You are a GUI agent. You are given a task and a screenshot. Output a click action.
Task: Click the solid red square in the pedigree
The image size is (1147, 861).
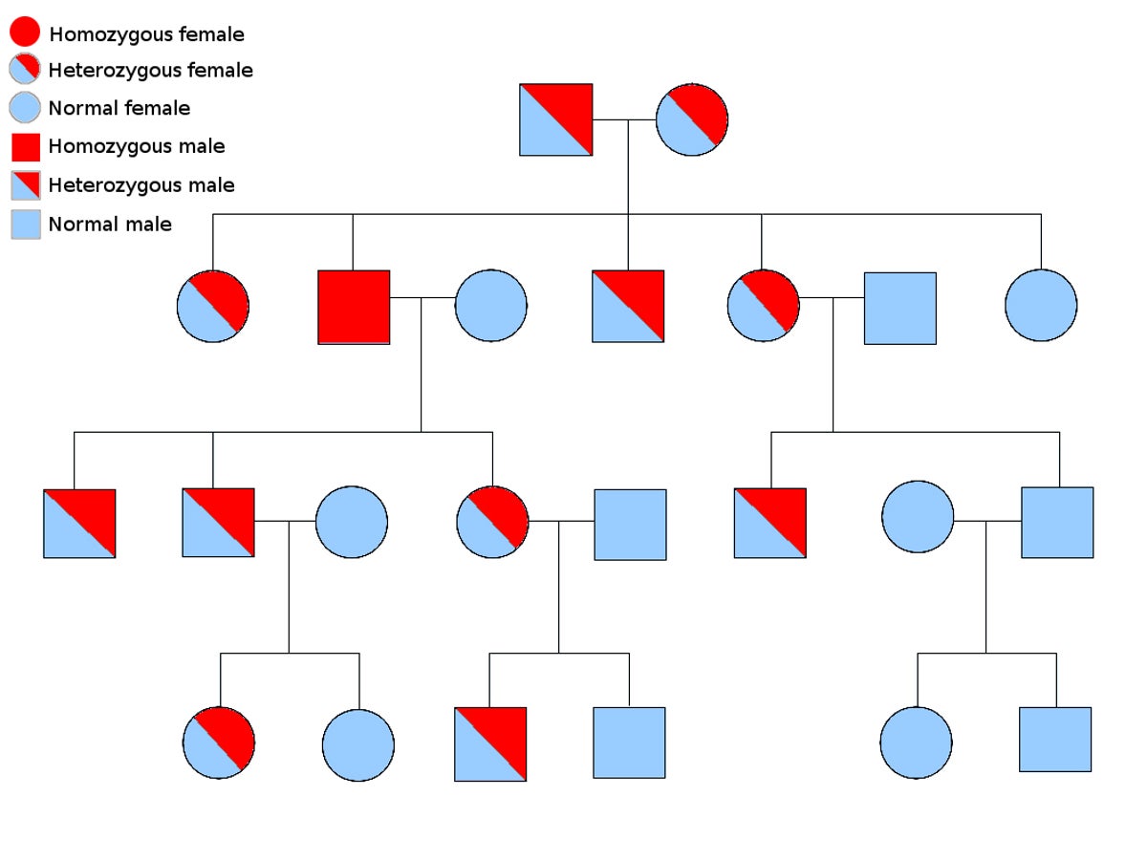354,307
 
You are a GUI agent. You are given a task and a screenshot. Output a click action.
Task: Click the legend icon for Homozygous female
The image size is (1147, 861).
25,32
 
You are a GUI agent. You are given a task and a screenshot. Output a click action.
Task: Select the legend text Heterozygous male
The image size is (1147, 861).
141,185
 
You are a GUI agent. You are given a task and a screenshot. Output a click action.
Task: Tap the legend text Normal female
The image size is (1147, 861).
119,109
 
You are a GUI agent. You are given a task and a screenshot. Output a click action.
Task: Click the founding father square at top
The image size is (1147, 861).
555,119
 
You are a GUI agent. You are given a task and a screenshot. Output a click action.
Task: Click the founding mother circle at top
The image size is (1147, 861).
692,119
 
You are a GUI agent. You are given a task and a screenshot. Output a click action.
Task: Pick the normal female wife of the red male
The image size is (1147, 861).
490,306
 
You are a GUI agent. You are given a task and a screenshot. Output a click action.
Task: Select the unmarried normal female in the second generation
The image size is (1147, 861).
1041,306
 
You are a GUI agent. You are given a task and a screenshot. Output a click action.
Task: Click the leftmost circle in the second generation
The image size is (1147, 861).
213,306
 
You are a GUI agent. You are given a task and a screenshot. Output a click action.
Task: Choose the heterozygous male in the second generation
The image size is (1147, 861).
628,306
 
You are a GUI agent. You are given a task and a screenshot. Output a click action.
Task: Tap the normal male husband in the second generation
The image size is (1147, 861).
899,308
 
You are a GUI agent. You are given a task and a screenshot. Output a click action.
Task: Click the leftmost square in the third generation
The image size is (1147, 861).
79,524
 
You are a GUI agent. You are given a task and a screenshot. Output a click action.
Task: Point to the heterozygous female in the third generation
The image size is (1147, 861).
492,522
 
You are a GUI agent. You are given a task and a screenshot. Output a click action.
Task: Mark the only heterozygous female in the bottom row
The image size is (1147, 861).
219,743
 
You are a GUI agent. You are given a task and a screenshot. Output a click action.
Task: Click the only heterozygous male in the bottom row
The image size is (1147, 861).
490,744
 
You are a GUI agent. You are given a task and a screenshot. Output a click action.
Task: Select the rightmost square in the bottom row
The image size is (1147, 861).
1055,739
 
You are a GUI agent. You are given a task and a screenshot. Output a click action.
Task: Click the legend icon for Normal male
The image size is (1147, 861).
25,225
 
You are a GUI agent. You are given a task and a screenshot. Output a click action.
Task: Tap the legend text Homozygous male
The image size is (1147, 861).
137,146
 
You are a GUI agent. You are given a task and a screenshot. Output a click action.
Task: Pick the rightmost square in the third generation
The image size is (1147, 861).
1057,523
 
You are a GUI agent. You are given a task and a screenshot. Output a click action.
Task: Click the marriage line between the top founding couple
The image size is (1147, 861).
624,119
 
